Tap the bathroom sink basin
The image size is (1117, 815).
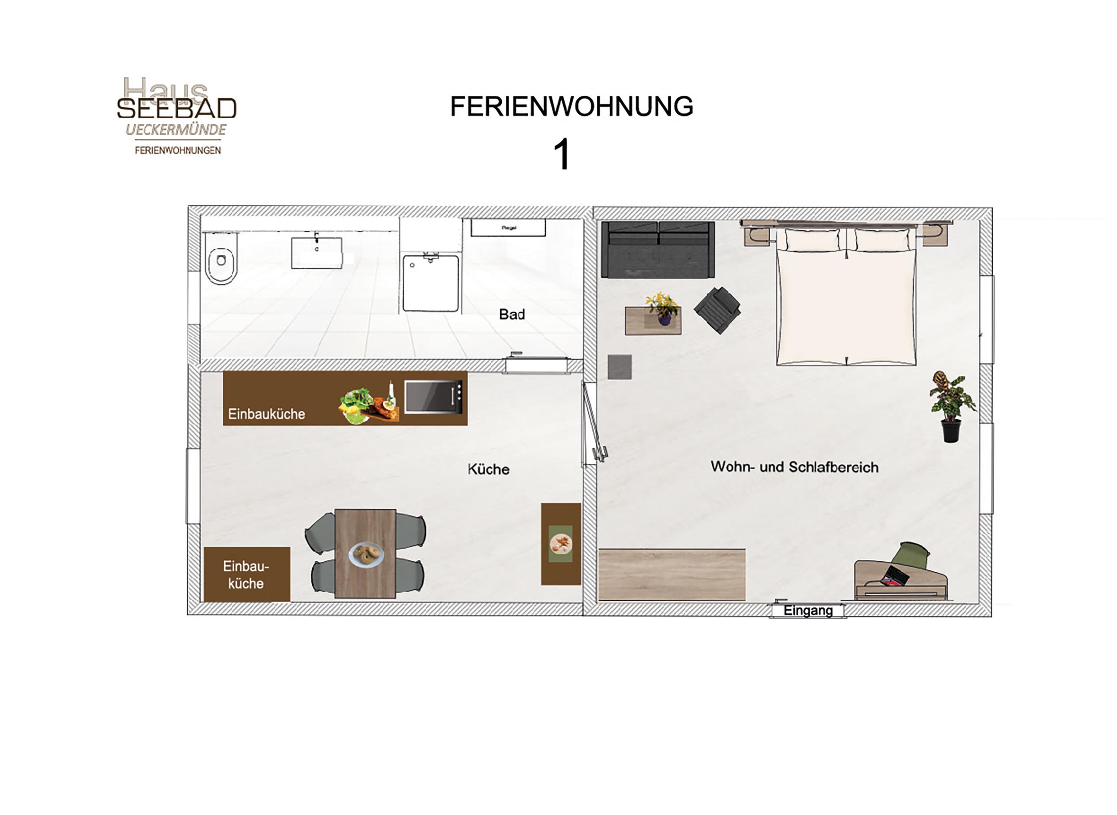click(x=316, y=253)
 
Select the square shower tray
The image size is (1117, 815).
click(x=430, y=283)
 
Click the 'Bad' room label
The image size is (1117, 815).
click(x=512, y=314)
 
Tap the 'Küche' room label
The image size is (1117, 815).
click(x=489, y=469)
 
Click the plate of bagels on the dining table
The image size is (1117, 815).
click(x=366, y=554)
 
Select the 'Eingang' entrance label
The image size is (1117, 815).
click(x=808, y=611)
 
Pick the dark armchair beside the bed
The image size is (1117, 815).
click(x=717, y=310)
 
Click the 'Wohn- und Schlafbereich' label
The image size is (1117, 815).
click(x=794, y=467)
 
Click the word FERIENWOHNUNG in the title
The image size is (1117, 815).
click(x=571, y=107)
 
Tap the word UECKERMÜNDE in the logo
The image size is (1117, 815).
click(x=176, y=130)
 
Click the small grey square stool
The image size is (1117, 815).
click(x=620, y=367)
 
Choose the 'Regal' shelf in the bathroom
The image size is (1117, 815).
click(x=508, y=228)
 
